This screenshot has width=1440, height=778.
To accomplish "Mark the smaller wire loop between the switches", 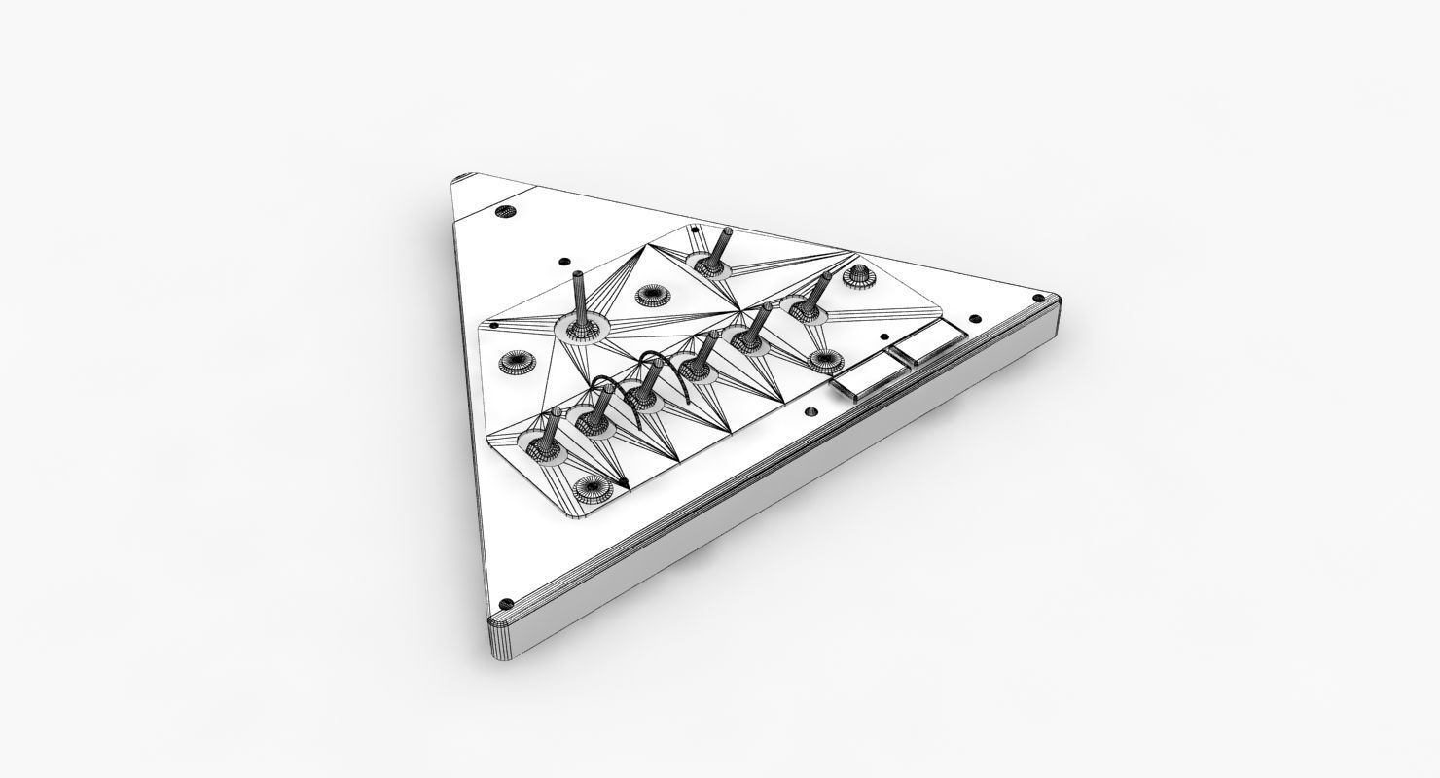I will (x=606, y=389).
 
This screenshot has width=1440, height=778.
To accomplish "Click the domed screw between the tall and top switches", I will (x=650, y=295).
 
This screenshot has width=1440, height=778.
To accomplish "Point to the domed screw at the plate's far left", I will (x=513, y=362).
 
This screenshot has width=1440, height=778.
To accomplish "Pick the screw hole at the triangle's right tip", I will (x=973, y=316).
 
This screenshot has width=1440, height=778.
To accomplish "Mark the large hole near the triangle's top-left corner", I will (x=503, y=210).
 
